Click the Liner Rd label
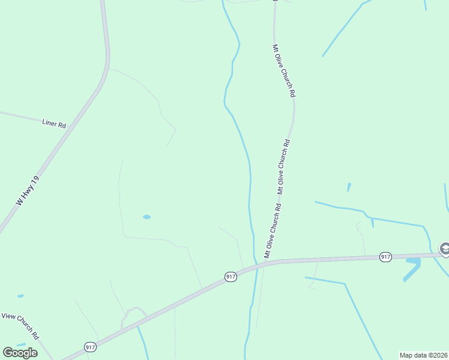click(53, 123)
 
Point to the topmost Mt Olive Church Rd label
click(284, 70)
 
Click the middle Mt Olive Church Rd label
click(283, 166)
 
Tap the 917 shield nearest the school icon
click(385, 257)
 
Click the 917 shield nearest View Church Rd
click(90, 347)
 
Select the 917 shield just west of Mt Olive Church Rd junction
click(231, 276)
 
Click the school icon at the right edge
click(445, 248)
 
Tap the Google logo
click(20, 353)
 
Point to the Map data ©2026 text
click(423, 355)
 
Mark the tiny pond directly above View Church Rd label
click(20, 296)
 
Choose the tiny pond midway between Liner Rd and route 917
click(146, 217)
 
